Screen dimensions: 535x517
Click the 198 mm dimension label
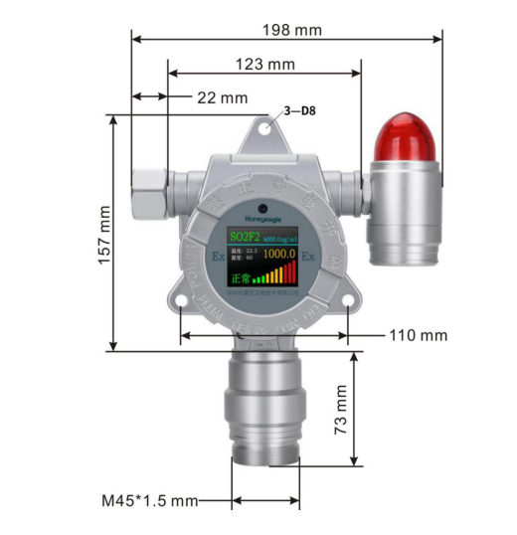(x=292, y=30)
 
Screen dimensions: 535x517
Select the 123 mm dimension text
(x=266, y=65)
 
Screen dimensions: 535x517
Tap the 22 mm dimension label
(x=222, y=97)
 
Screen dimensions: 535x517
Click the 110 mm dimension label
(x=418, y=335)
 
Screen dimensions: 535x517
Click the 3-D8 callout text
(x=301, y=112)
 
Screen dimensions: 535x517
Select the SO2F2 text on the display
(x=243, y=237)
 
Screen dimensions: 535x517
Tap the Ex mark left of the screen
(x=218, y=256)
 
